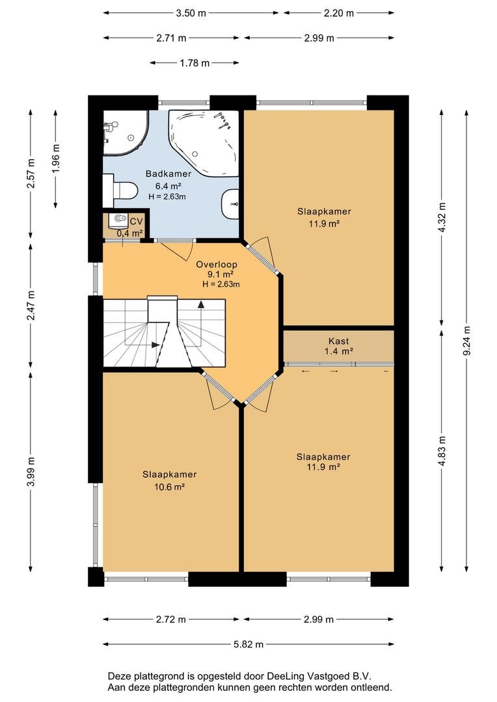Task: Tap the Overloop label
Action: [x=217, y=265]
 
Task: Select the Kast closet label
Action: [x=338, y=341]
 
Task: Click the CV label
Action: [x=136, y=222]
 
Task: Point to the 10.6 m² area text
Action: [x=170, y=487]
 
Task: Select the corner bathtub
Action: [x=202, y=142]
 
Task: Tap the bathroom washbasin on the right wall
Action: [x=230, y=203]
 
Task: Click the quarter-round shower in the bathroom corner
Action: [x=126, y=133]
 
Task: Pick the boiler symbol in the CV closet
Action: [x=120, y=218]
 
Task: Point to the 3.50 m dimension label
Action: [x=191, y=13]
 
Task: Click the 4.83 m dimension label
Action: [x=442, y=451]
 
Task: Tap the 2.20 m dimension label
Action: [x=339, y=13]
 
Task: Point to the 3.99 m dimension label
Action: [x=31, y=471]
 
